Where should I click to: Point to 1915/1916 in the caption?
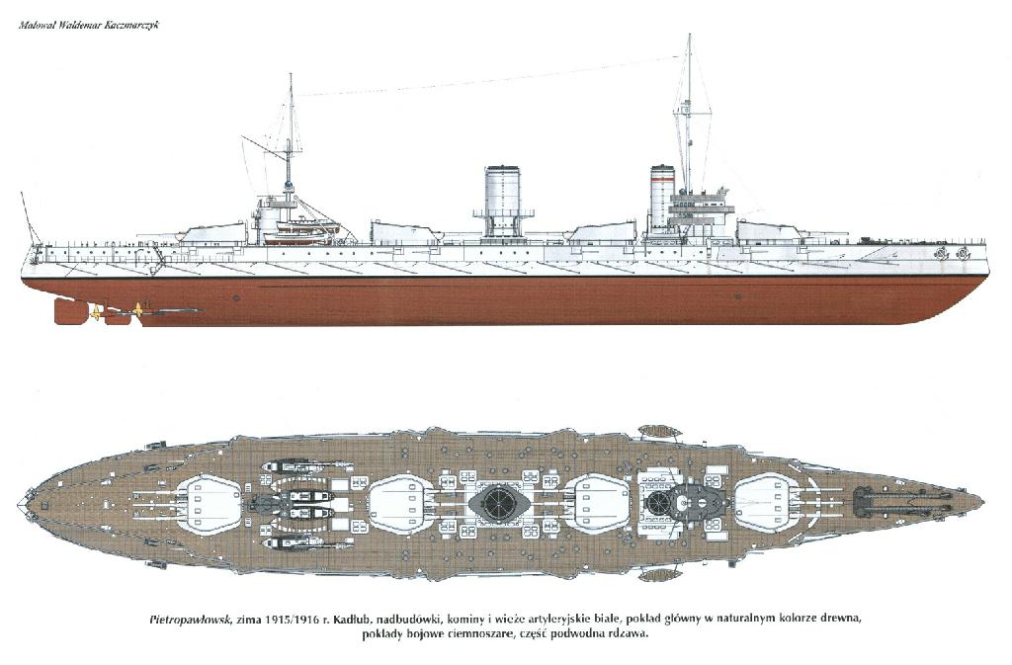tap(293, 620)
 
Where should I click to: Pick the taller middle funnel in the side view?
tap(502, 202)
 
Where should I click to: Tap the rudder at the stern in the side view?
tap(68, 311)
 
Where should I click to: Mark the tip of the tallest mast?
tap(689, 35)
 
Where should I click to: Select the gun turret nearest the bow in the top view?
tap(766, 503)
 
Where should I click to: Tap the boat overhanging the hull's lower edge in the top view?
tap(657, 573)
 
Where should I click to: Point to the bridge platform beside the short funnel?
tap(703, 208)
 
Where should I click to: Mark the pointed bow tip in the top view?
tap(983, 501)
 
